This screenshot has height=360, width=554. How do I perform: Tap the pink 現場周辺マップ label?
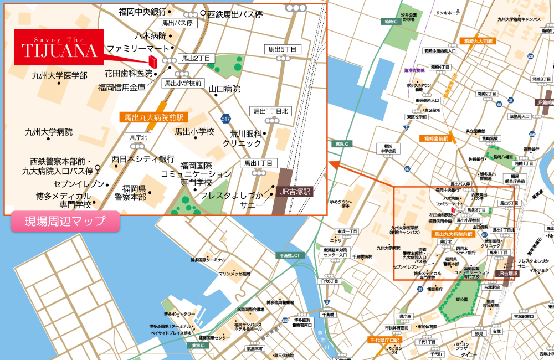pos(65,222)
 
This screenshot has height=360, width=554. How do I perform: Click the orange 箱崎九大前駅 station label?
pos(476,41)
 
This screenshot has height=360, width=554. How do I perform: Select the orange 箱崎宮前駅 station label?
pos(436,138)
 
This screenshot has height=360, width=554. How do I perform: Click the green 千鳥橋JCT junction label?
pos(290,255)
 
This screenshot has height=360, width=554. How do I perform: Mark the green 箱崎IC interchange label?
pos(392,22)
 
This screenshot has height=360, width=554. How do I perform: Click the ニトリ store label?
pos(336,240)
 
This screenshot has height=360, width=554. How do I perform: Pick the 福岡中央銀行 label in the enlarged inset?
pos(142,12)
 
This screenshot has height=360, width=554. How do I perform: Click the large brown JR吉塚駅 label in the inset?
pos(295,192)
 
